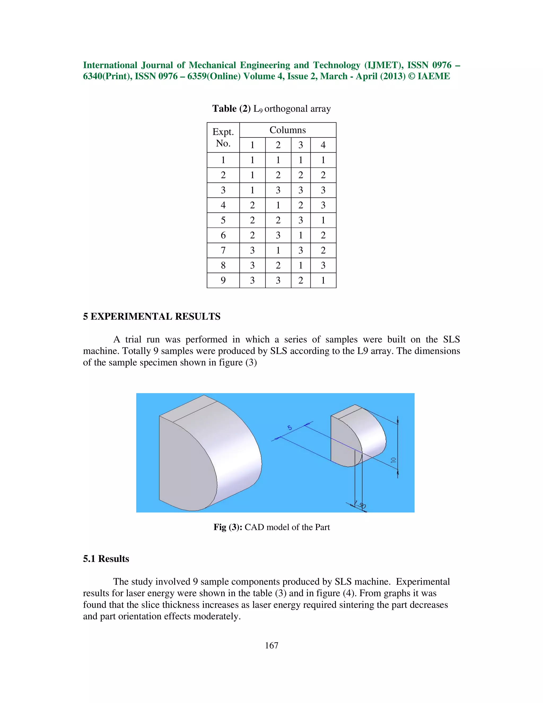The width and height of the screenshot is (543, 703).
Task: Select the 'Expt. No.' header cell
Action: point(223,137)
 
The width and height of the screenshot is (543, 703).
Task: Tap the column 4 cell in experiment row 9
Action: point(323,280)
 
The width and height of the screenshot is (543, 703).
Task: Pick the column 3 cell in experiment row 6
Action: point(300,235)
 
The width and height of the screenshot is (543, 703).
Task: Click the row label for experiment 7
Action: point(223,250)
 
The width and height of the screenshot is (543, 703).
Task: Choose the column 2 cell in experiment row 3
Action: point(278,190)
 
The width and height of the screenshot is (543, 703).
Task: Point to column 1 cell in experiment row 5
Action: point(252,220)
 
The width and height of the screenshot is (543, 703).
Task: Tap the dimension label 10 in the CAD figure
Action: point(393,460)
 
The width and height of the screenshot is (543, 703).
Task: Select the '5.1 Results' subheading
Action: point(106,559)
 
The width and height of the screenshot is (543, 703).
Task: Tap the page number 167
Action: point(271,645)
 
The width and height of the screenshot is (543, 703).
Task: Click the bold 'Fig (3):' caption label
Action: point(228,527)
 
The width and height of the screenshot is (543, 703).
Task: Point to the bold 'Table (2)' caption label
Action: point(231,109)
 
